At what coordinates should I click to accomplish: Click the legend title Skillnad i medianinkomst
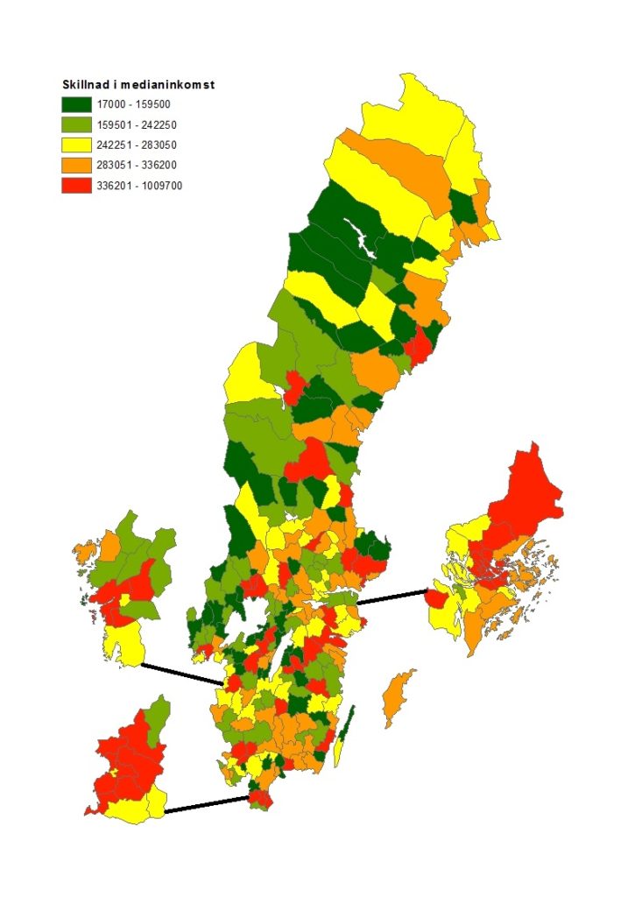(138, 85)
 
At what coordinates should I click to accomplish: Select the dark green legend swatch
(77, 104)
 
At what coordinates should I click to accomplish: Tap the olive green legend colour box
(77, 124)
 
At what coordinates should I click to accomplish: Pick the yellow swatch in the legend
(77, 145)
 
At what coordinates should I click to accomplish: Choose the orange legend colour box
(77, 165)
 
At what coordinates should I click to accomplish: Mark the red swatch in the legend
(77, 185)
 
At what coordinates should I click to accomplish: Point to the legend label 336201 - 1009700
(141, 185)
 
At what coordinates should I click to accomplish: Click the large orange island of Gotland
(399, 696)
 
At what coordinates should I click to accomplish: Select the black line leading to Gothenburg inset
(182, 674)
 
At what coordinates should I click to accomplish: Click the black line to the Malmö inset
(207, 804)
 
